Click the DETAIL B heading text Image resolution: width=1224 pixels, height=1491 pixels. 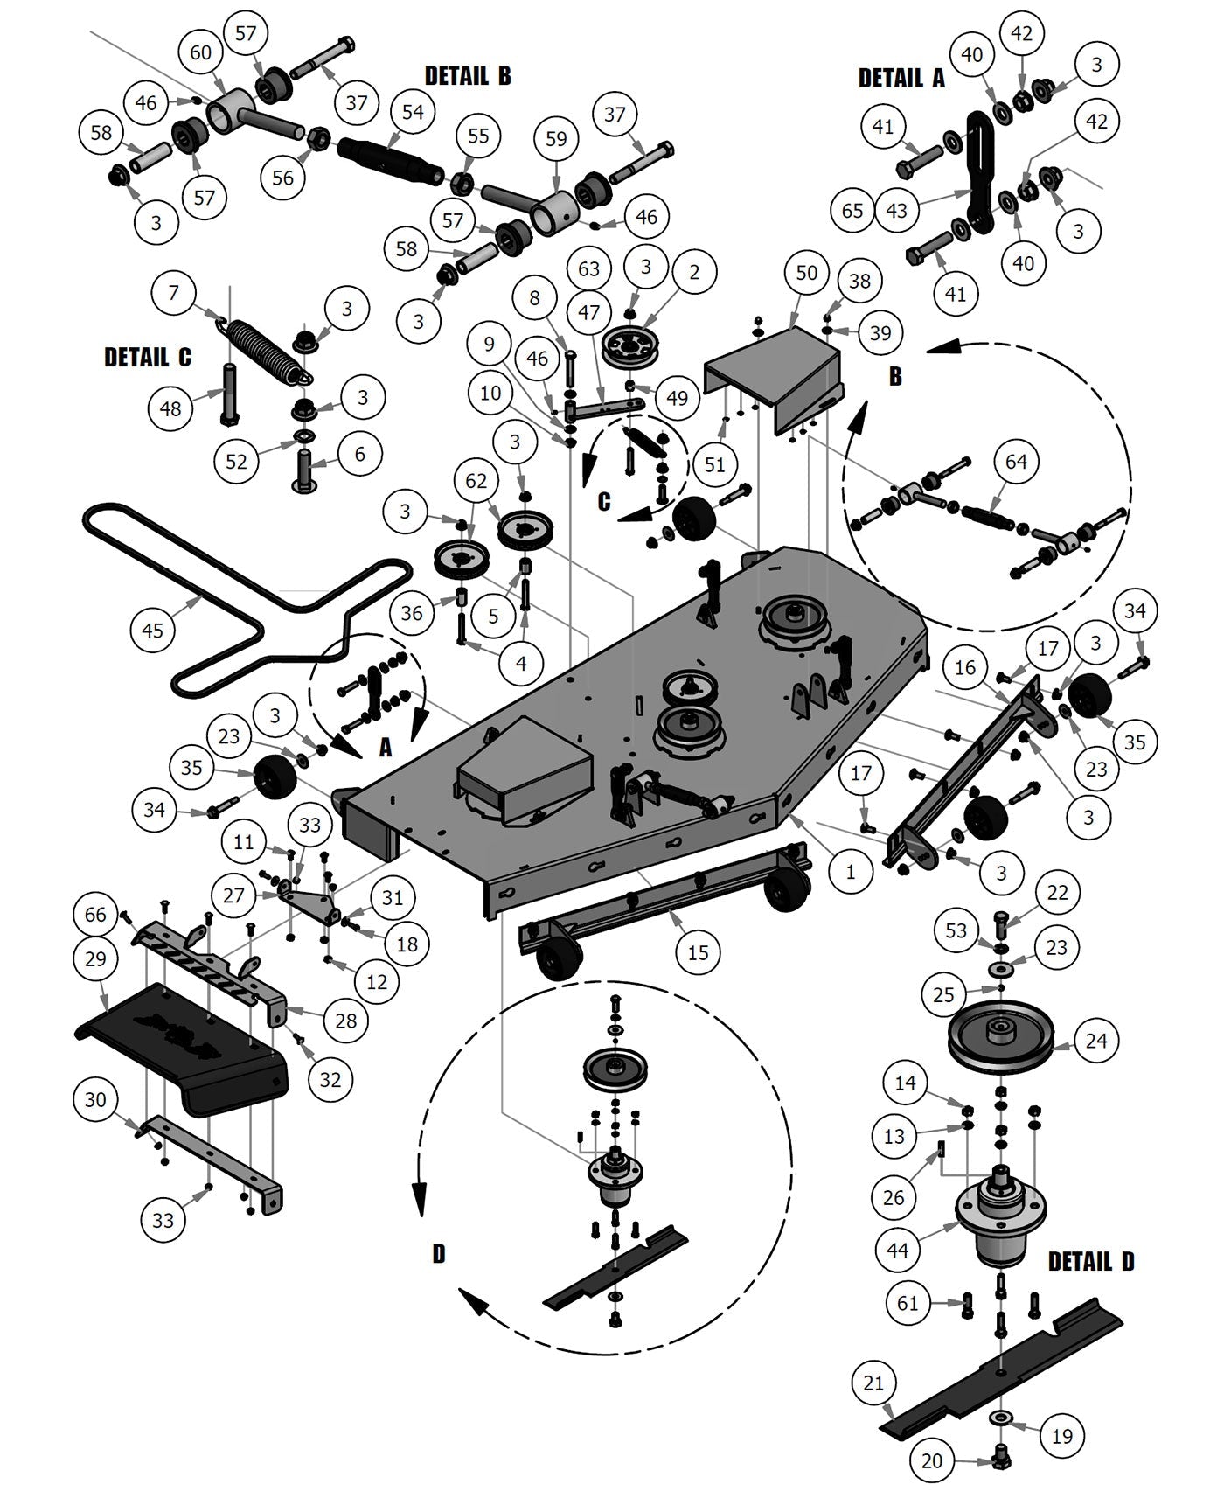coord(468,76)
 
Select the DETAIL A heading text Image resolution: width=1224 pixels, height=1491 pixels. coord(901,79)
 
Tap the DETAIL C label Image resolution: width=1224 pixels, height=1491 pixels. coord(147,358)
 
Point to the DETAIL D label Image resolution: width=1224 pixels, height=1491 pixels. coord(1091,1262)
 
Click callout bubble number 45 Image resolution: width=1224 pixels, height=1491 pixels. coord(152,630)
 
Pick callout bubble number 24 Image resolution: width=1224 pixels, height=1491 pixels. coord(1095,1041)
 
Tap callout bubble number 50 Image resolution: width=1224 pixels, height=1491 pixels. coord(806,273)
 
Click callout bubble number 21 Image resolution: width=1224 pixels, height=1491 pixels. coord(873,1383)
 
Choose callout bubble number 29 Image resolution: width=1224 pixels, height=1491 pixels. coord(96,958)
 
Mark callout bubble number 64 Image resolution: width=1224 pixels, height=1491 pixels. coord(1016,461)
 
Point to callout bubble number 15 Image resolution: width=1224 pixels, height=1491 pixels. coord(698,951)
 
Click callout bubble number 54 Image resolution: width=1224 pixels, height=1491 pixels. coord(413,111)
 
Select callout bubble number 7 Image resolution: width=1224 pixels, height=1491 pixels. coord(174,292)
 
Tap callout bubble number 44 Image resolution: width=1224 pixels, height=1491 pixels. coord(898,1251)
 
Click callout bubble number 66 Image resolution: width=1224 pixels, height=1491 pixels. coord(95,915)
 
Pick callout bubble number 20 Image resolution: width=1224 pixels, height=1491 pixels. coord(933,1460)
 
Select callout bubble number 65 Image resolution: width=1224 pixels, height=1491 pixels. coord(852,211)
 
